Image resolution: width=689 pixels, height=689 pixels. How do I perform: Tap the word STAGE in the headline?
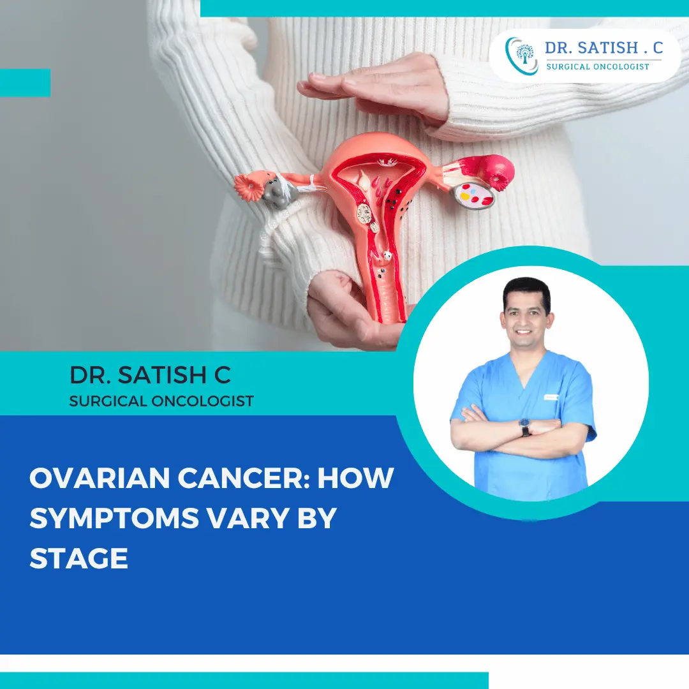point(78,558)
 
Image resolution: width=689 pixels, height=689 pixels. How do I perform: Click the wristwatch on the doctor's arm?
point(525,427)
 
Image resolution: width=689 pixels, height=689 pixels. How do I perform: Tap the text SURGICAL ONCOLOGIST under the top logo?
point(598,66)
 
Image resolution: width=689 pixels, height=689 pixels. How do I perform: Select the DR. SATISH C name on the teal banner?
point(150,376)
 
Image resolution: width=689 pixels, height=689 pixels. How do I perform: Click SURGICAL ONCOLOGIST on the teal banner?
point(161,401)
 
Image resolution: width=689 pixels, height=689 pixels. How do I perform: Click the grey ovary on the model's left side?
point(276,191)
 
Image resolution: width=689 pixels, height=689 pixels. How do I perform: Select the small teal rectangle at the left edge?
point(25,82)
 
